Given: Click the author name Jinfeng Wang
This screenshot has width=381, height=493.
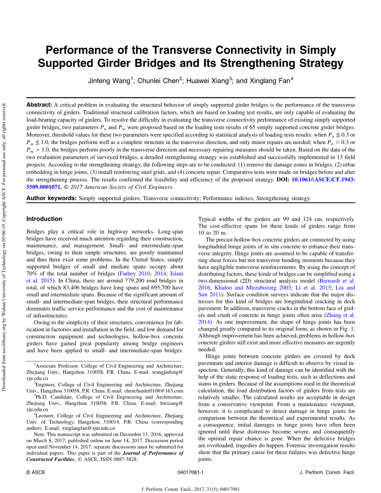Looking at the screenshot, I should (109, 81).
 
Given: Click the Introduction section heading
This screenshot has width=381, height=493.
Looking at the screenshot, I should (44, 219).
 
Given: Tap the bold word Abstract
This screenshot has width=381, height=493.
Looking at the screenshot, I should (39, 105).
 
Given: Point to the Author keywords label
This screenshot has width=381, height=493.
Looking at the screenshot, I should (51, 198).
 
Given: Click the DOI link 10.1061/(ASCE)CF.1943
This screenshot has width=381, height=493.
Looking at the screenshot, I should (323, 180).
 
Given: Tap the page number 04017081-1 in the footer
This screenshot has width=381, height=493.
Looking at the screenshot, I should (190, 473).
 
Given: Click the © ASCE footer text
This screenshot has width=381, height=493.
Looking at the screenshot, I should (36, 473).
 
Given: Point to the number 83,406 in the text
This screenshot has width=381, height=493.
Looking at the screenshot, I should (82, 288).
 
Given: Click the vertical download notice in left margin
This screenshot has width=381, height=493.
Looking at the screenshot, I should (4, 246).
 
